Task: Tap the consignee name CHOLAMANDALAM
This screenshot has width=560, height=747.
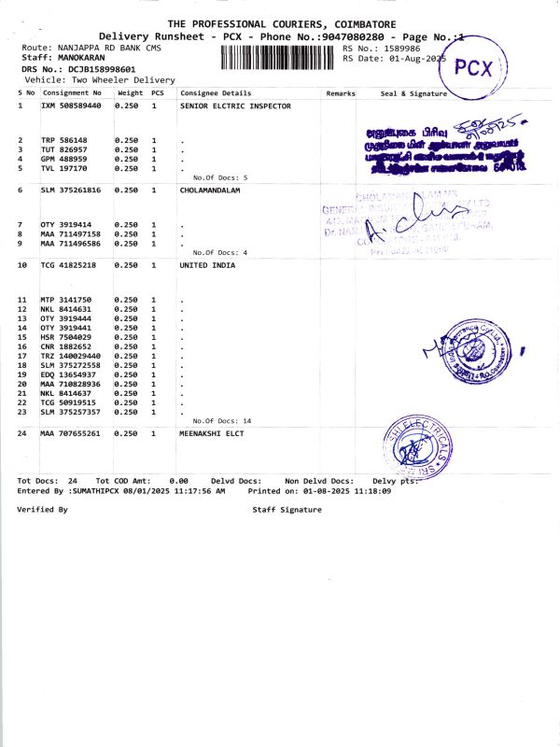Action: tap(209, 189)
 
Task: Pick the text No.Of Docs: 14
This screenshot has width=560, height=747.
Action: tap(221, 421)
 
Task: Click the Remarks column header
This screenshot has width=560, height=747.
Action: tap(341, 94)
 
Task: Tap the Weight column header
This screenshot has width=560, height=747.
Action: tap(130, 94)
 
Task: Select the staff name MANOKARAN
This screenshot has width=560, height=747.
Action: tap(81, 57)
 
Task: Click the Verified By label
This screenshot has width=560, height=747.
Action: tap(42, 510)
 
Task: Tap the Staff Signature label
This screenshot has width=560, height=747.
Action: tap(287, 510)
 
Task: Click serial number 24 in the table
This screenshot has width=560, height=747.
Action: tap(22, 434)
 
